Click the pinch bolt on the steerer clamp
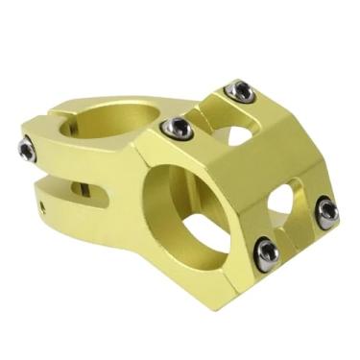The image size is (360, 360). pos(27,149)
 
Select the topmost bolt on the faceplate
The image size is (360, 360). pos(239,91)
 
